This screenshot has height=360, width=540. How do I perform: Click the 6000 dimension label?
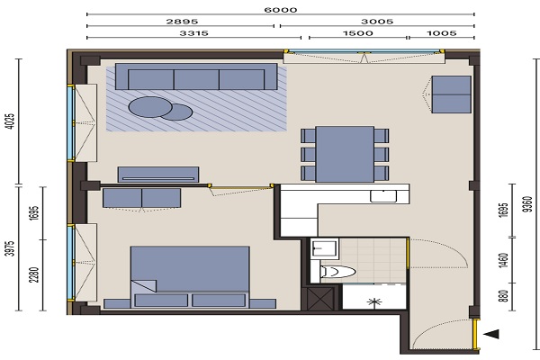coord(280,9)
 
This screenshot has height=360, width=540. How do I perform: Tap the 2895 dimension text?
coord(182,22)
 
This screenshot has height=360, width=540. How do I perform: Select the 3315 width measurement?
coord(193,33)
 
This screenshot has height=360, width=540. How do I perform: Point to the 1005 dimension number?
coord(442,33)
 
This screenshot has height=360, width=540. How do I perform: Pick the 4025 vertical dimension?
coord(11,121)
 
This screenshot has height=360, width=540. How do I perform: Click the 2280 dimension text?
coord(34,274)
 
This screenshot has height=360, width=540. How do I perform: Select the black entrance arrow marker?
coord(491,334)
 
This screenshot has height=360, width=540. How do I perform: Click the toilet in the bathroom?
coord(337,272)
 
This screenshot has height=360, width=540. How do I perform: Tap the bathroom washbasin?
coord(324,248)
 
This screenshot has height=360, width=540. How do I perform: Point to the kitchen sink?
coord(383,196)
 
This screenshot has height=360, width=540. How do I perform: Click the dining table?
coord(345,154)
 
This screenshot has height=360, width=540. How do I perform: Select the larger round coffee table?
coord(150,107)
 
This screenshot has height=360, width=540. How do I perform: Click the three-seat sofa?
coord(196,76)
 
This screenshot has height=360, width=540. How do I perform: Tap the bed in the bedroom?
coord(190,276)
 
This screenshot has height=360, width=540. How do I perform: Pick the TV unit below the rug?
coord(158,175)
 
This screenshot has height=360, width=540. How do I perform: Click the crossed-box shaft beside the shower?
coord(320,298)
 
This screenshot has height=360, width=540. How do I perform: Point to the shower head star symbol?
coord(374,302)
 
